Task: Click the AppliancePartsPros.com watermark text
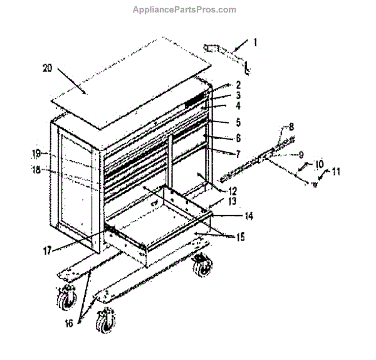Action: click(x=184, y=9)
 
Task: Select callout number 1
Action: click(x=255, y=43)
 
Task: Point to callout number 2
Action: click(x=221, y=85)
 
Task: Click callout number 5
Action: click(x=221, y=122)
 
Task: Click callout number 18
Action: click(x=36, y=169)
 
